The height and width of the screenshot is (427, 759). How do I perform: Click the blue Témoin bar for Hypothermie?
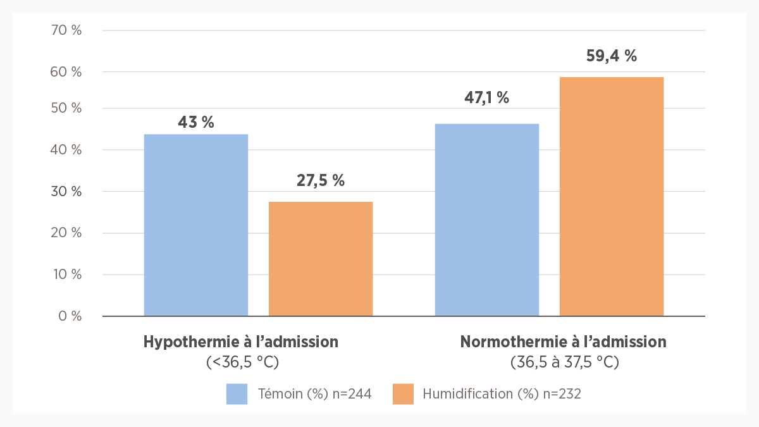click(196, 225)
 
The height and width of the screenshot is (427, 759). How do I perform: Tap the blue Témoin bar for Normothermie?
click(487, 220)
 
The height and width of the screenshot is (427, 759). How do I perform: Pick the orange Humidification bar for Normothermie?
click(612, 196)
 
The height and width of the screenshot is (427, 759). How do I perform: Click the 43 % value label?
click(196, 122)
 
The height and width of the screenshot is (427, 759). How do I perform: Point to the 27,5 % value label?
click(321, 180)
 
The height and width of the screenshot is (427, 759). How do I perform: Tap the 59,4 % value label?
click(612, 56)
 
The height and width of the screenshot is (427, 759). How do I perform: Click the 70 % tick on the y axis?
click(66, 30)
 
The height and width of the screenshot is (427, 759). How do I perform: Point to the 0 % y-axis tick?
click(70, 316)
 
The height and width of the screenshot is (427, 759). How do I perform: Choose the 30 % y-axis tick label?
click(66, 192)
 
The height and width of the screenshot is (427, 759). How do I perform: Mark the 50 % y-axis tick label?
click(66, 108)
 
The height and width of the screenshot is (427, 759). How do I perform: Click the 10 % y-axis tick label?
click(66, 275)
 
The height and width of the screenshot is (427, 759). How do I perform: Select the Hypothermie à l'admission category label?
click(241, 342)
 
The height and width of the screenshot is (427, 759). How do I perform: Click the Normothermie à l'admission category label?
click(564, 342)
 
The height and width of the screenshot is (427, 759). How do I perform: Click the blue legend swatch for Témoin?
click(237, 393)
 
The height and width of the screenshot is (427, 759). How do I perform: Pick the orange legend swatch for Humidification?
click(403, 393)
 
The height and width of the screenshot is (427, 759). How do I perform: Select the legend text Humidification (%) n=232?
click(502, 393)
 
